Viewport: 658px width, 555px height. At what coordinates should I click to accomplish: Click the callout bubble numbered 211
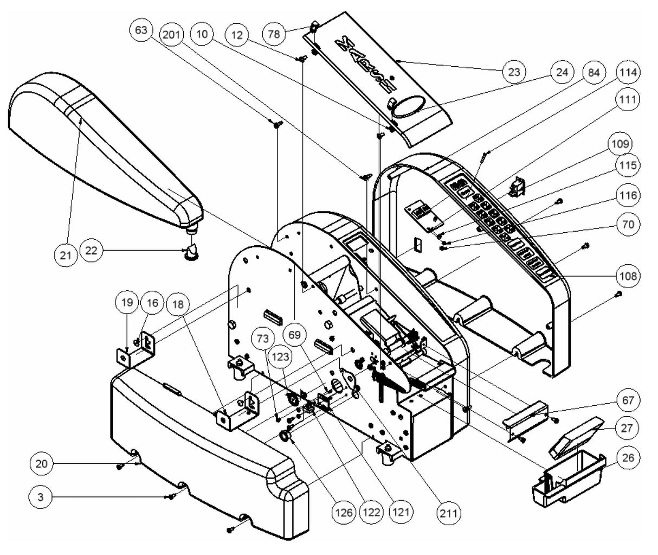(450, 512)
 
